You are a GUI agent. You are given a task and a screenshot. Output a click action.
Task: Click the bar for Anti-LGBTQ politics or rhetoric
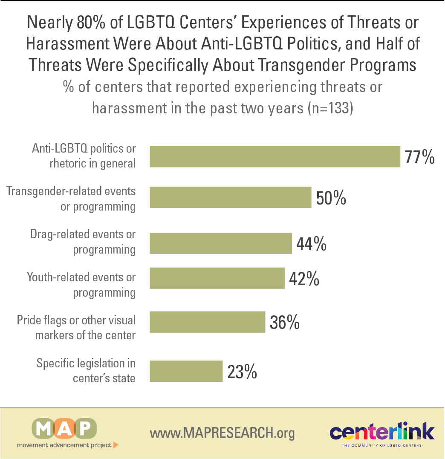coord(275,156)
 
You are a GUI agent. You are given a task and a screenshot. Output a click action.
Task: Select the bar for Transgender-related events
coord(230,197)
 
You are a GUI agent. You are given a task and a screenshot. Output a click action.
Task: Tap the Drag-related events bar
coord(221,243)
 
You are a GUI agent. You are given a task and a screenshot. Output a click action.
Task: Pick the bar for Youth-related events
coord(217,278)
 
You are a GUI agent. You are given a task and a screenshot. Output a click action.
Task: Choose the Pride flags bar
coord(207,322)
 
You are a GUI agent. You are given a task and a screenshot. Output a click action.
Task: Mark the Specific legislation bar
coord(186,371)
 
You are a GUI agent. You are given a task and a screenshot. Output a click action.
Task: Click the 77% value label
coord(419,156)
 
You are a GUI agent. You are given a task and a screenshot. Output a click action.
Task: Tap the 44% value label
coord(311,244)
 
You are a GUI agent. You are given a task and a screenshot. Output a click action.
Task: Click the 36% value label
coord(285,322)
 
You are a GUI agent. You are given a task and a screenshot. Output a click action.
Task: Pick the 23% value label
coord(242,372)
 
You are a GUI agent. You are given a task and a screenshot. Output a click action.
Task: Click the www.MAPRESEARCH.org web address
coord(222,433)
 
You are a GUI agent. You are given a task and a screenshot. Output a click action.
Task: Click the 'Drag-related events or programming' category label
coord(83,242)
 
